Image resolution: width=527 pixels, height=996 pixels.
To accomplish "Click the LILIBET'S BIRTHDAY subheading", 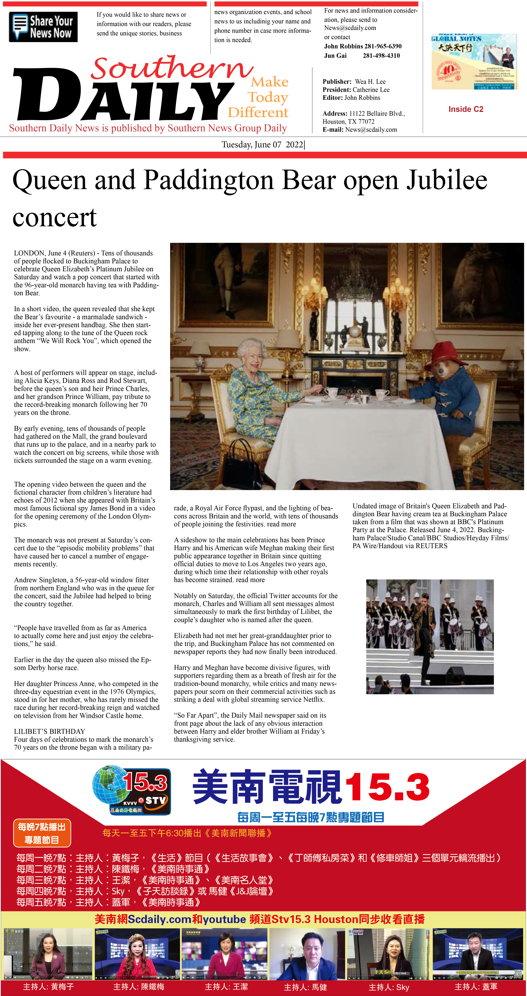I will (49, 731).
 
